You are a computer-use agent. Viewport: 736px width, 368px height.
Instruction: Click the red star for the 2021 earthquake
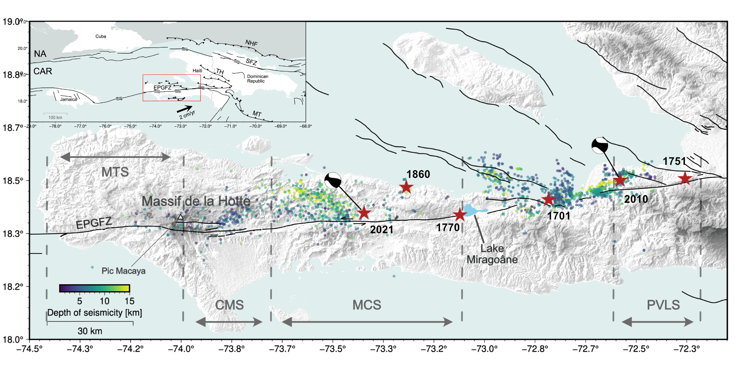point(364,213)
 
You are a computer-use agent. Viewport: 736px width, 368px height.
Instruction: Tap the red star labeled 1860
point(406,187)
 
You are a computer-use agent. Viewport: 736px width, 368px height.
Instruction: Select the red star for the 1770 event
point(460,214)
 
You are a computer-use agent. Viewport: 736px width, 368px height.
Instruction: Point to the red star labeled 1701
point(548,200)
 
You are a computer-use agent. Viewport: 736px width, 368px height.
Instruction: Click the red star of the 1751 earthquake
point(685,179)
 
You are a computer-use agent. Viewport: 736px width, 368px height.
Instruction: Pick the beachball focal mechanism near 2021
point(333,180)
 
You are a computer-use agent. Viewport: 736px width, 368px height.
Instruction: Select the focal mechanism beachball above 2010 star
point(600,146)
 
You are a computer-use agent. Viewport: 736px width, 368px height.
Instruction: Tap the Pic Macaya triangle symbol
point(180,217)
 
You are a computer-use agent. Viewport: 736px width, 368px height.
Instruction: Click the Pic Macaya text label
point(123,271)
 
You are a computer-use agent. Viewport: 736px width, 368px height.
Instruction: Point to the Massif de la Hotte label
point(196,201)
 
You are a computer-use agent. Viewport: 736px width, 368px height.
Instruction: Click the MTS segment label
point(115,172)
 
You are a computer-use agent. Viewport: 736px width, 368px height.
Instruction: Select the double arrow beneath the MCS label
point(367,322)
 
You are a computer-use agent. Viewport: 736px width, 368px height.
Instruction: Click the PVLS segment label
point(663,305)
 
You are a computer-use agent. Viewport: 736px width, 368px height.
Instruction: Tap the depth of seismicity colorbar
point(94,288)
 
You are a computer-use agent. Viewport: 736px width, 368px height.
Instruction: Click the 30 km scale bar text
point(90,331)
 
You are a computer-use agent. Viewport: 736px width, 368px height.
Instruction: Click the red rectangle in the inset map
point(172,75)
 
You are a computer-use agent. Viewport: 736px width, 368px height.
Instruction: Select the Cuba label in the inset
point(101,36)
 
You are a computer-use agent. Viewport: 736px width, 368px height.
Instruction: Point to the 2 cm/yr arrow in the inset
point(184,109)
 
